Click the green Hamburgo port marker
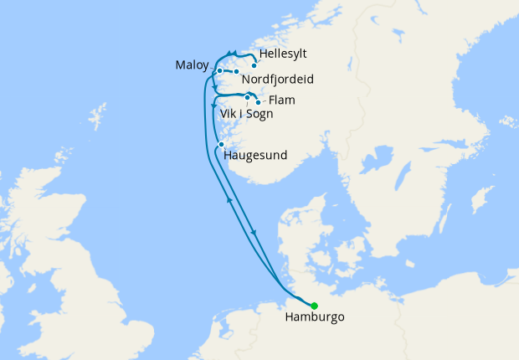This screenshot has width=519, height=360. (x=314, y=306)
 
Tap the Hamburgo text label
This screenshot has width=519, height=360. (x=314, y=318)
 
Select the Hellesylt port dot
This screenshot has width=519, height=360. (x=254, y=64)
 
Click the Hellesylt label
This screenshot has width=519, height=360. (x=283, y=54)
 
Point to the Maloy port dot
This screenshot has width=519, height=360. (x=219, y=70)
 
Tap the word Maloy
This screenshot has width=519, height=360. (x=193, y=65)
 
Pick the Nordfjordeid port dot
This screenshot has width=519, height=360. (x=237, y=72)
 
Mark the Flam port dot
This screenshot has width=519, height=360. (x=258, y=103)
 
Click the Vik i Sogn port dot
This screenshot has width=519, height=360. (x=247, y=98)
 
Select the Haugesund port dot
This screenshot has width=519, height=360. (x=221, y=145)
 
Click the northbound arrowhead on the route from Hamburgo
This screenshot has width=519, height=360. (x=229, y=200)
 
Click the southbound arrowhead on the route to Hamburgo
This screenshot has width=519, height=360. (x=254, y=232)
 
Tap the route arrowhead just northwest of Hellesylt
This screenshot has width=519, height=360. (x=229, y=54)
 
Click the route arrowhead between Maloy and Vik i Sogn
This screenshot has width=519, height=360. (x=216, y=89)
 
